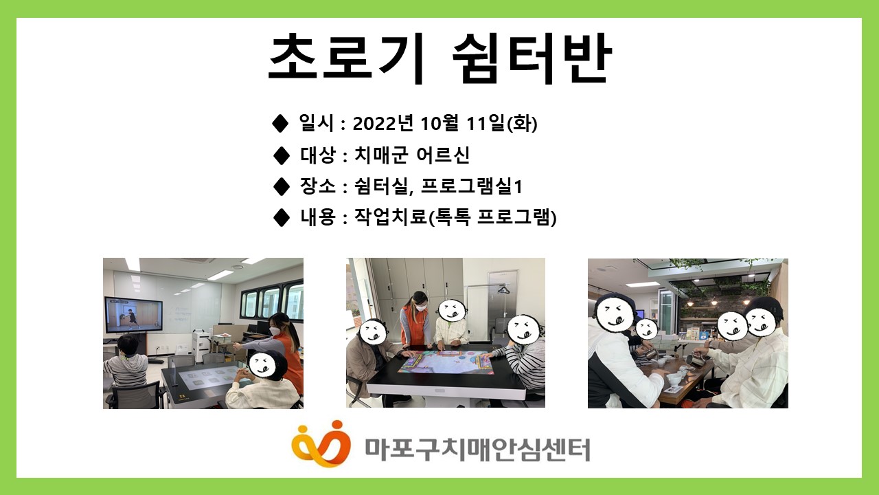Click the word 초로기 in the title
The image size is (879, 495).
coord(347,58)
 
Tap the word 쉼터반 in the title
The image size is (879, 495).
coord(532,58)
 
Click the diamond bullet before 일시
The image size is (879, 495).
coord(280,123)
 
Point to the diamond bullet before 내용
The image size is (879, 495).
coord(281,218)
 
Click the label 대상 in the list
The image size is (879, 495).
coord(318,155)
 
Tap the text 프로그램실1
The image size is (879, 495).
coord(471,186)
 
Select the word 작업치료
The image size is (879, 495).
coord(390,217)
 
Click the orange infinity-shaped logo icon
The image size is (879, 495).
coord(321,443)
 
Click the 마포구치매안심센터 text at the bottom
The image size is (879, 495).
coord(477,450)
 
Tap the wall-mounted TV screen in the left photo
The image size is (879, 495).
coord(133,316)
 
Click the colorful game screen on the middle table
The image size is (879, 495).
coord(446,361)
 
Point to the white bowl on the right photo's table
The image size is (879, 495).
coord(674,379)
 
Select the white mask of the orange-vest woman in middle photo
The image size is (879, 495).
coord(420,307)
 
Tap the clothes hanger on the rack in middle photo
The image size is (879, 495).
coord(503,289)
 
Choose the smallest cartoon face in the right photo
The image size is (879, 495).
coord(646,329)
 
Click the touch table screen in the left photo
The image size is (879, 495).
coord(208,378)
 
